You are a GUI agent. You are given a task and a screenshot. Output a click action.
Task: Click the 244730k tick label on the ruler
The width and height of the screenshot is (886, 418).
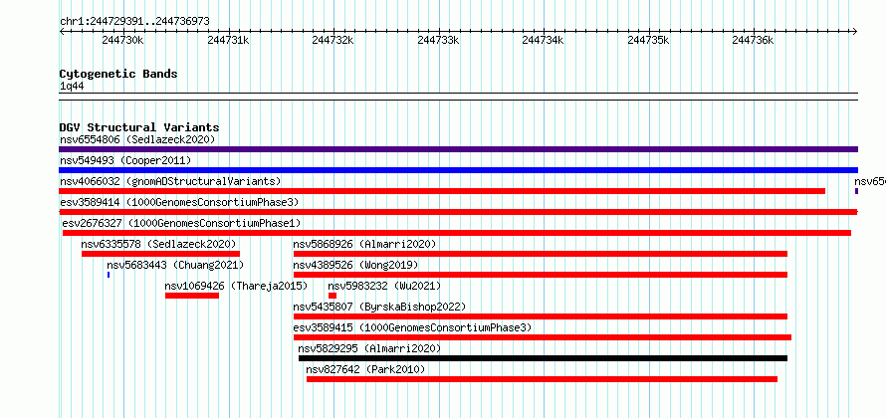tap(122, 40)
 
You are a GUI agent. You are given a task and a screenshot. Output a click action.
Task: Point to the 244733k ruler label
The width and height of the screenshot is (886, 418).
tap(438, 40)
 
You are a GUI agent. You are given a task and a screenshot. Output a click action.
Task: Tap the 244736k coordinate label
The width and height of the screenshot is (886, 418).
tap(754, 40)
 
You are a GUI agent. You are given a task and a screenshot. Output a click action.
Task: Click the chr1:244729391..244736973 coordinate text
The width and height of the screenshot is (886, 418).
tap(134, 22)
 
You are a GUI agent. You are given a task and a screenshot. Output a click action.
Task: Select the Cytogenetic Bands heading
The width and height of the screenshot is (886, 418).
tap(118, 74)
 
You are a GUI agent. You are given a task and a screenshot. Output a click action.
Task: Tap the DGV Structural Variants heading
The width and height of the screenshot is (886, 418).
tap(139, 127)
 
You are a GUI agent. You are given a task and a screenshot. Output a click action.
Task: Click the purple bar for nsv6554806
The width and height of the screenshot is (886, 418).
tap(458, 149)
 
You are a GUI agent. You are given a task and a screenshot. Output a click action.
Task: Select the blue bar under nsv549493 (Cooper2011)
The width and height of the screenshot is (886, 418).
tap(458, 170)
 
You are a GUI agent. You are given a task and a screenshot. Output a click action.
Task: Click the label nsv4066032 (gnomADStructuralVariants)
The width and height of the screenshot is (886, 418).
tap(170, 181)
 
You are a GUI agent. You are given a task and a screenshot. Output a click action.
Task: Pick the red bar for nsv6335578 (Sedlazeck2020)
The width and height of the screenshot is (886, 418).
tap(160, 254)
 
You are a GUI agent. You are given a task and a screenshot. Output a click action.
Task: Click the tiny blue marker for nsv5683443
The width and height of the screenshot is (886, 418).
tap(109, 275)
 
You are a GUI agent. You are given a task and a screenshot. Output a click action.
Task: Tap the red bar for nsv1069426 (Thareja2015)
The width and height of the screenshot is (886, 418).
tap(191, 296)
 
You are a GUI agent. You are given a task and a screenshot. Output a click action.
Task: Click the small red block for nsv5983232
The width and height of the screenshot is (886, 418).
tap(332, 296)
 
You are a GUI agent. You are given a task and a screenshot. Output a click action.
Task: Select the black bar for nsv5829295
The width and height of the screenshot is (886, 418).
tap(543, 358)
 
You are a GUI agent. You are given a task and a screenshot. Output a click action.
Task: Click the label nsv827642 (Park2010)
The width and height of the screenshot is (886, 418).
tap(365, 369)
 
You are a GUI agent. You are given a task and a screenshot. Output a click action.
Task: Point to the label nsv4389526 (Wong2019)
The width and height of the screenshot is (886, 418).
tap(355, 265)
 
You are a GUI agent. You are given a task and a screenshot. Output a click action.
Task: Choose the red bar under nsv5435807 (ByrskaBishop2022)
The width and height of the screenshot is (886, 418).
tap(541, 316)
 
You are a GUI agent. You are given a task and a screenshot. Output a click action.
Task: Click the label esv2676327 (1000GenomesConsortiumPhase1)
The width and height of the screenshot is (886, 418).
tap(181, 223)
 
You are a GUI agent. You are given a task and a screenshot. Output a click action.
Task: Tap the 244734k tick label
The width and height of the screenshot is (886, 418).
tap(543, 40)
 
